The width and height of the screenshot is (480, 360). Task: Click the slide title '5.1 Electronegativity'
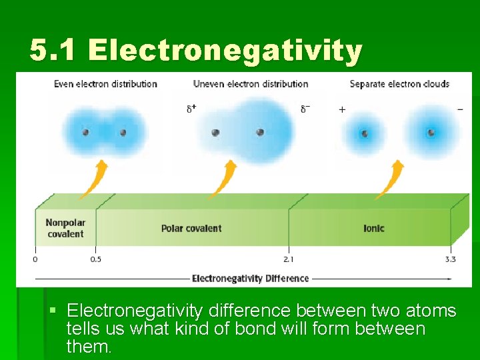(x=196, y=51)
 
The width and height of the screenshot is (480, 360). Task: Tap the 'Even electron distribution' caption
(x=105, y=84)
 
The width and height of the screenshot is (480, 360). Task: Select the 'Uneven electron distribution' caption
(x=251, y=84)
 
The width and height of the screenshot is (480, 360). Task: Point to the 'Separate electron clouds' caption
(x=399, y=84)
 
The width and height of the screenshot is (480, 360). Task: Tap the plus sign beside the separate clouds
(x=342, y=109)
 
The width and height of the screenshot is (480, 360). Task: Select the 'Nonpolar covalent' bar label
(x=65, y=228)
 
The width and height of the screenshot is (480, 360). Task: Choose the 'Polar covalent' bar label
(x=191, y=228)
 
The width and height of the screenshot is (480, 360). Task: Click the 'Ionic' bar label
(x=373, y=228)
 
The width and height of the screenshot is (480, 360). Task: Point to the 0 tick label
(x=35, y=259)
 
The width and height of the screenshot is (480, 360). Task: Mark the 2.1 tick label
(x=289, y=259)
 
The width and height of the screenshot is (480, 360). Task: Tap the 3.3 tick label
(x=451, y=259)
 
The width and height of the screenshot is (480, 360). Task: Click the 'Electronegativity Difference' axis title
(x=250, y=278)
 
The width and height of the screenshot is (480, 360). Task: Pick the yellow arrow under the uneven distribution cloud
(x=223, y=179)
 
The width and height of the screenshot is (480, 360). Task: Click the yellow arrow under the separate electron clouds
(x=389, y=179)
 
